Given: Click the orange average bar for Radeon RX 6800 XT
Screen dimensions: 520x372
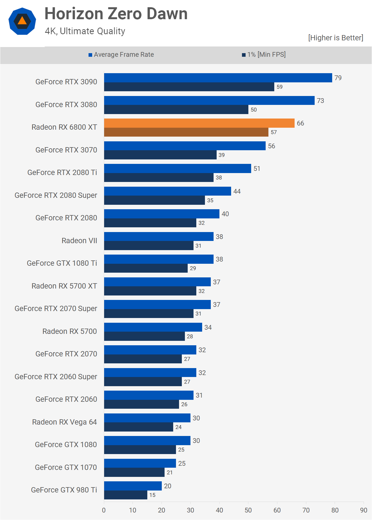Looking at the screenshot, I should point(199,123).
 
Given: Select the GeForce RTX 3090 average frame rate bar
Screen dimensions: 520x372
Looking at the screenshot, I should point(218,78).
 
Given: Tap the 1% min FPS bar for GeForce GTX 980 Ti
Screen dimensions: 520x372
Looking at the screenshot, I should point(126,495).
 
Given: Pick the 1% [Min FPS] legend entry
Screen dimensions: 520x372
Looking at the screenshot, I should point(264,55).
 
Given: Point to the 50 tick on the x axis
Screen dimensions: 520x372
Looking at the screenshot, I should point(248,510).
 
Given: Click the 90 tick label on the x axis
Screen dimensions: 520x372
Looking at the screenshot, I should point(364,510).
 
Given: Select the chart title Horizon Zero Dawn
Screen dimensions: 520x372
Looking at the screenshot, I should point(116,14).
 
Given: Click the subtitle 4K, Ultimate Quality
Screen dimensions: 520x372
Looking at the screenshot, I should point(85,31).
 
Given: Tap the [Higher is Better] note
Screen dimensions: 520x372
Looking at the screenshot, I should point(336,38).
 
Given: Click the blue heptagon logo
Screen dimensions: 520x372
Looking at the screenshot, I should point(22,21).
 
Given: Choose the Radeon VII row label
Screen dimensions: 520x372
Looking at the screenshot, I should point(79,241).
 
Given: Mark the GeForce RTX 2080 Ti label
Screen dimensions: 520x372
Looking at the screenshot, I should point(62,172).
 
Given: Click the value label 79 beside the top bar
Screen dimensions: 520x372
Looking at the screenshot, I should point(338,78).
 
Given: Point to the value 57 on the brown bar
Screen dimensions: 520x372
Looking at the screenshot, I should point(274,132).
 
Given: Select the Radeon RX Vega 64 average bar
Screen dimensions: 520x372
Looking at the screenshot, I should point(147,418).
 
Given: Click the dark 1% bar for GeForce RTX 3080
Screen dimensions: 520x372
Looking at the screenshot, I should point(176,110).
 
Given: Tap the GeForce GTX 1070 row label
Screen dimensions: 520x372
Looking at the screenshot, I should point(66,467).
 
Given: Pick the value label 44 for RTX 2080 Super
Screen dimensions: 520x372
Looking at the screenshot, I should point(237,191).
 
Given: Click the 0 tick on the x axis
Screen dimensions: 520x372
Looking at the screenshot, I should point(104,510).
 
